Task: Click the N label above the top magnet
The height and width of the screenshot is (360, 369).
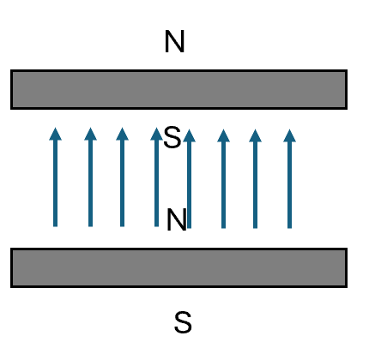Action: (x=174, y=42)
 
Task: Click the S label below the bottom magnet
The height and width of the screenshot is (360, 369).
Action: (x=183, y=322)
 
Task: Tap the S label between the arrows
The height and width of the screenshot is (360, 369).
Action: (x=172, y=137)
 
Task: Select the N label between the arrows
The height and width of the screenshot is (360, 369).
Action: (x=177, y=219)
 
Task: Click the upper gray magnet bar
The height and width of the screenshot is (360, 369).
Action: (x=178, y=89)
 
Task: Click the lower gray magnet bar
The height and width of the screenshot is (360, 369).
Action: (x=178, y=267)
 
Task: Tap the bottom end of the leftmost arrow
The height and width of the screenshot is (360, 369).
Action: (x=55, y=226)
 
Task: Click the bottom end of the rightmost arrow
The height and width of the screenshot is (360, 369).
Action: (x=289, y=228)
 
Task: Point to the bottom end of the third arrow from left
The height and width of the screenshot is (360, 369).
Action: (x=122, y=226)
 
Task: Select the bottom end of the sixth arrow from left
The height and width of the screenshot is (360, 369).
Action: (x=223, y=228)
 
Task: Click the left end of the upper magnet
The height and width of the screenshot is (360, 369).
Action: (x=11, y=89)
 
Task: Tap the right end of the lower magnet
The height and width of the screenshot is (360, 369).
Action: (x=347, y=267)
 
